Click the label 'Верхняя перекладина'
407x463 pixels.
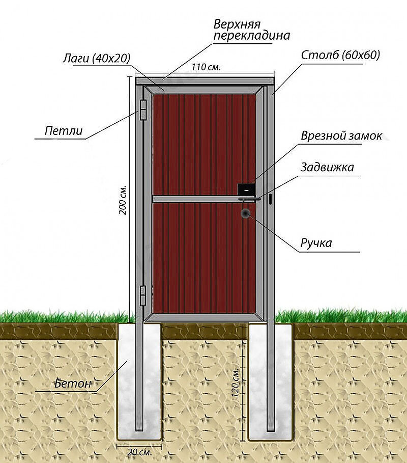point(251,30)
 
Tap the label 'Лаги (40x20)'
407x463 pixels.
point(97,58)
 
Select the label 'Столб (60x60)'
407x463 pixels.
point(340,55)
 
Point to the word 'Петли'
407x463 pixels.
point(64,130)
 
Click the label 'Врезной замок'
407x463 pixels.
point(341,136)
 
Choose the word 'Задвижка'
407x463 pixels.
point(327,167)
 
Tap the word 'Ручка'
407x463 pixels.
point(316,243)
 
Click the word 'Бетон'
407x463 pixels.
point(73,383)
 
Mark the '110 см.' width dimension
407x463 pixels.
point(206,67)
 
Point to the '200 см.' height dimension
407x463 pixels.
point(123,200)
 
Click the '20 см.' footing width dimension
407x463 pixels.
point(139,452)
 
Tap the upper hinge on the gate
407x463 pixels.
point(143,110)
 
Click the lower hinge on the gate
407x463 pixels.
point(143,295)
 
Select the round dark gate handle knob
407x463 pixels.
point(245,213)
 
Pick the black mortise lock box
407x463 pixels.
point(246,189)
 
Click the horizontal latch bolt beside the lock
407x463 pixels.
point(249,200)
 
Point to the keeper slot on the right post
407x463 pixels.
point(270,200)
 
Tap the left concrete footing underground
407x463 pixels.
point(139,380)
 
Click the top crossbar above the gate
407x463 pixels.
point(205,81)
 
